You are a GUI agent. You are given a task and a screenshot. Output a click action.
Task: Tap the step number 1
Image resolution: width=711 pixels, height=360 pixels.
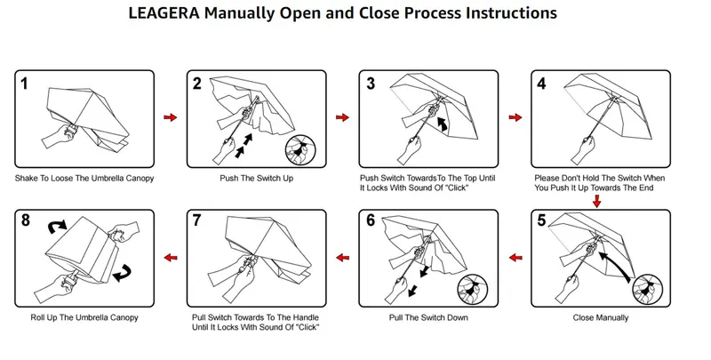(28, 84)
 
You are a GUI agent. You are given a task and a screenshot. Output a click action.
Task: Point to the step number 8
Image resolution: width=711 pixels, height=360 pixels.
(28, 222)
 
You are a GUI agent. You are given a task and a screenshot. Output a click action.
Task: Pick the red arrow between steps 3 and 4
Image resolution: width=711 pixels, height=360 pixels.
(514, 117)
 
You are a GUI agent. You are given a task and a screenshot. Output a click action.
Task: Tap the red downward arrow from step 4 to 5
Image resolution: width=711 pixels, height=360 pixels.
(595, 202)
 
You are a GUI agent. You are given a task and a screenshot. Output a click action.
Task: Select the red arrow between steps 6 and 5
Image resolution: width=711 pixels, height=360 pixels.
(514, 257)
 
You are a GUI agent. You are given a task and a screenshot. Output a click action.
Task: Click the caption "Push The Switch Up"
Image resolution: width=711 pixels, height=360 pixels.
(255, 178)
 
